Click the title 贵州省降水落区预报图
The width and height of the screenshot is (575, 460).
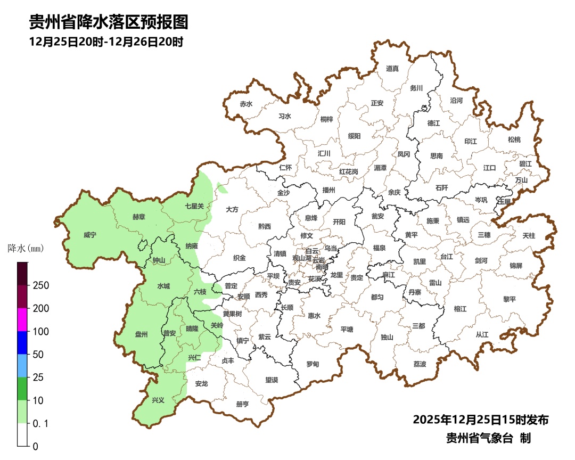109,22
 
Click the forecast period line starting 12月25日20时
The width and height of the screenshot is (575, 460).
106,42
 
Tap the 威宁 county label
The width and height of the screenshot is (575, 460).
91,234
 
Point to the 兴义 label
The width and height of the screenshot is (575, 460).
158,400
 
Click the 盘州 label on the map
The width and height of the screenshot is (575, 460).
141,334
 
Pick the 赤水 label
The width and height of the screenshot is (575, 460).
245,104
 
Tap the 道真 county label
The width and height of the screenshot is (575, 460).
392,68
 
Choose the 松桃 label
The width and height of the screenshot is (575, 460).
514,139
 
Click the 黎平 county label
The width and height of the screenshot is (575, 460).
510,299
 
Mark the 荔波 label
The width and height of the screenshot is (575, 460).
420,364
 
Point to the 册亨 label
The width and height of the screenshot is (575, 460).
242,404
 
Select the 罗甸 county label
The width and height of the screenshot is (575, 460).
313,364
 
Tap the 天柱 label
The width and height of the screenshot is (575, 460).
529,235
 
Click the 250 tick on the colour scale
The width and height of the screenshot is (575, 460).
41,285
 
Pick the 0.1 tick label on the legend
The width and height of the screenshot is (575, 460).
40,423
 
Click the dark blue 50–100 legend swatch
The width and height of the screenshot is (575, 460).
22,342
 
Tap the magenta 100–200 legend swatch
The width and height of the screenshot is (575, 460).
22,319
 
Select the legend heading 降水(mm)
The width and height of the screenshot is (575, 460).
25,248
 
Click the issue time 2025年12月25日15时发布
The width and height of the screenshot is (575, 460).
480,420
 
